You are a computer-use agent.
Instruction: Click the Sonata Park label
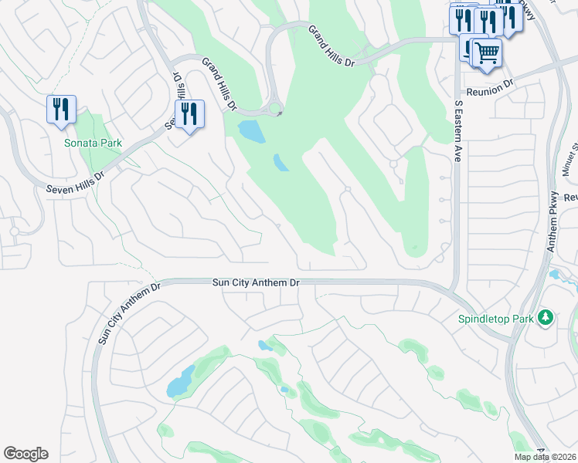coord(93,143)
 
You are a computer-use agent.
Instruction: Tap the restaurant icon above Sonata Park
coord(61,109)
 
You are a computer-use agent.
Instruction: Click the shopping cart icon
coord(487,53)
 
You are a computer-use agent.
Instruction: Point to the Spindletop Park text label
coord(508,317)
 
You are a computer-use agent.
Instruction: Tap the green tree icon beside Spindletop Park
coord(546,317)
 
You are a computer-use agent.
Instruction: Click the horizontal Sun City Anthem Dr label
coord(256,283)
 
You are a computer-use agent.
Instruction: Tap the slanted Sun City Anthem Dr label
coord(127,313)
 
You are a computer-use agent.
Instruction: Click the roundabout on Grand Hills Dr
coord(274,110)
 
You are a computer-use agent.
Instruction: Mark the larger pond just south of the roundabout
coord(252,131)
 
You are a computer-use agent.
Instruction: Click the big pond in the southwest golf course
coord(181,381)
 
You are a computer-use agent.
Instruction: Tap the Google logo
coord(25,454)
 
